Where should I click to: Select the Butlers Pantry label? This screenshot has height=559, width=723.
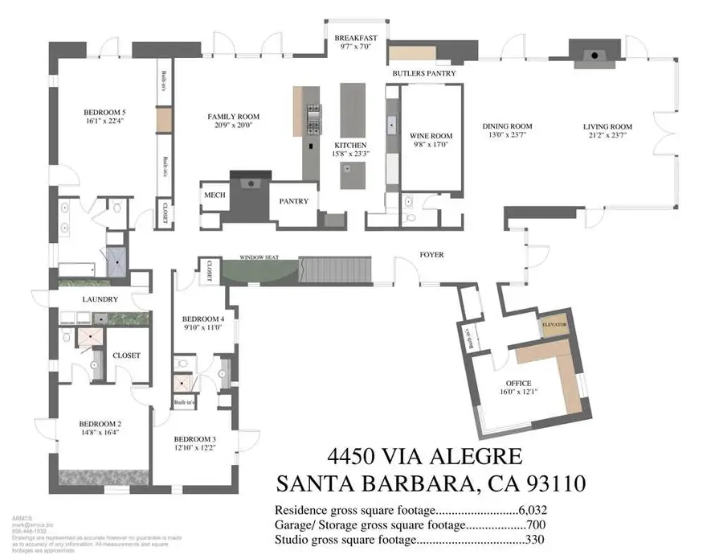click(424, 73)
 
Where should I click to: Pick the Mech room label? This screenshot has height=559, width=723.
click(214, 196)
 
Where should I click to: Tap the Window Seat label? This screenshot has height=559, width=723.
click(259, 257)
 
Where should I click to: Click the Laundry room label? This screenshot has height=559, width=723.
click(100, 299)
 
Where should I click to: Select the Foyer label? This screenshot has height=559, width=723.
click(431, 255)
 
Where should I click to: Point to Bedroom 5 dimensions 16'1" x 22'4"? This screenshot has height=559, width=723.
click(107, 122)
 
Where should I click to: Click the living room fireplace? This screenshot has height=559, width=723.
click(595, 55)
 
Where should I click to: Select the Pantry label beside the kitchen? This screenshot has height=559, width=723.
click(293, 201)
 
